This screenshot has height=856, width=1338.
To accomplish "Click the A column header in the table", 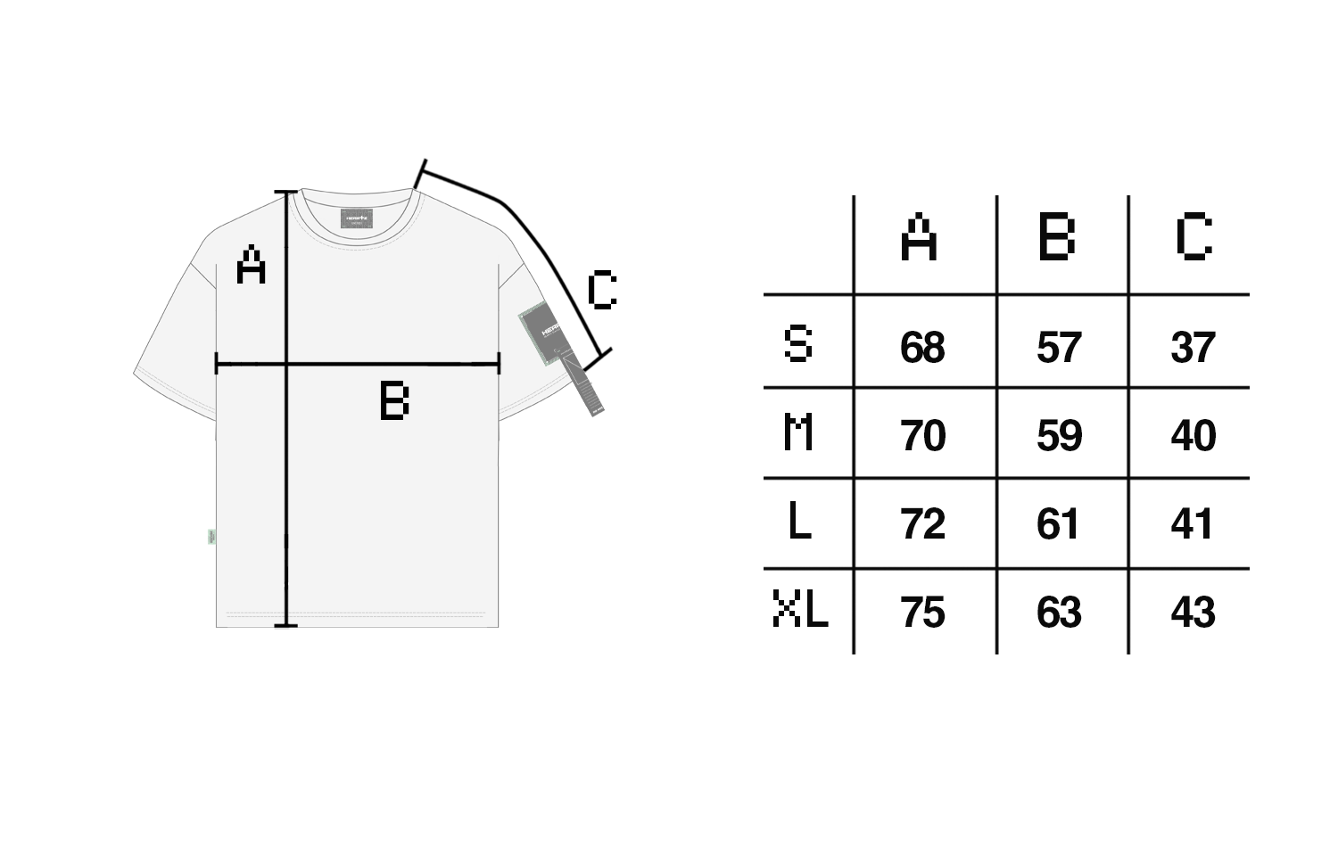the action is [919, 237].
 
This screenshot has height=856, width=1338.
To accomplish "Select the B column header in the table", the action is [1057, 237].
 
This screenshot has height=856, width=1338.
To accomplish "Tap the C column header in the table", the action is [1193, 237].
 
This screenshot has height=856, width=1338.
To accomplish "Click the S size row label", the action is [798, 344].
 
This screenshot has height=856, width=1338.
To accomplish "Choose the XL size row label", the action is [800, 611].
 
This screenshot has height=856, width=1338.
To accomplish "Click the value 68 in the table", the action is [922, 347].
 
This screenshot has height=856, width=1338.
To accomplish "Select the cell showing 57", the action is [1059, 347].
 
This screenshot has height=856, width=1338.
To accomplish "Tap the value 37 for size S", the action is [1193, 347].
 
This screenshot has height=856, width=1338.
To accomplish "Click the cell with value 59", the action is [1059, 435].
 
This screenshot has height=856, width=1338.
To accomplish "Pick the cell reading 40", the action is [1193, 435].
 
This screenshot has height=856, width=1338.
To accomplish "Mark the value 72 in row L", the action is [922, 523].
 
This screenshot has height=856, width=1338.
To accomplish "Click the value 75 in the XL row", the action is [922, 613].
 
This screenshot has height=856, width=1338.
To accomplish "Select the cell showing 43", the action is [1193, 613].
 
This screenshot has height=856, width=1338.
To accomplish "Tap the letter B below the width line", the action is [394, 401].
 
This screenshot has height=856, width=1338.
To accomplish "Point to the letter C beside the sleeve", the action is [602, 291].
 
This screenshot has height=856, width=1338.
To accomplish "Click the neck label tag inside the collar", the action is [359, 218].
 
